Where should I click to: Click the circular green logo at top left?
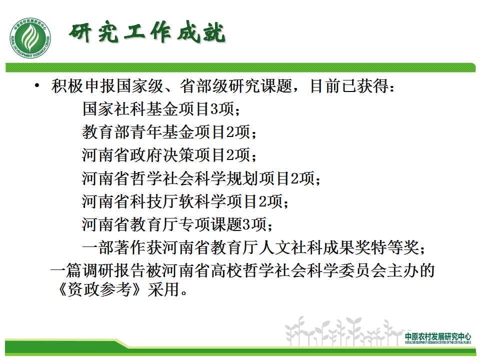30,38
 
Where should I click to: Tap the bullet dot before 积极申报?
37,85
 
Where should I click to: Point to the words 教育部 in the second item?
106,132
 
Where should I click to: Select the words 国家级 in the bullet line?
140,85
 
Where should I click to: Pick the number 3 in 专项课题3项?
246,224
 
